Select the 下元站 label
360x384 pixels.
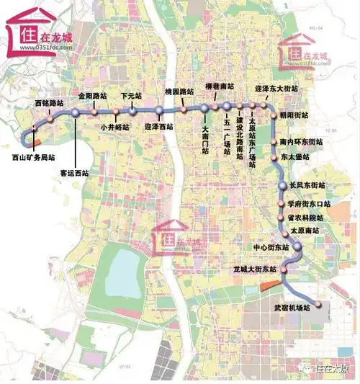pos(130,94)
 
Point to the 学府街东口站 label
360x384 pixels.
pos(307,204)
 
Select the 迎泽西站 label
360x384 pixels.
pos(158,127)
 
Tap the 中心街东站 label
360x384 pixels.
pos(271,246)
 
